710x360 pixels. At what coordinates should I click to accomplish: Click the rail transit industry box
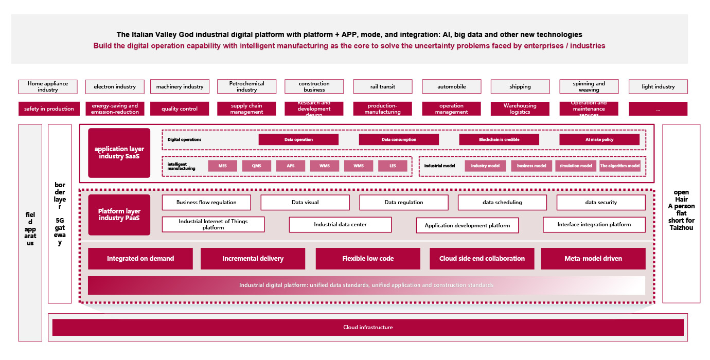383,86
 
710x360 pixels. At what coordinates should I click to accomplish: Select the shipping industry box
520,86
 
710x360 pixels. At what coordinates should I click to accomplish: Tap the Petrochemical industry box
246,86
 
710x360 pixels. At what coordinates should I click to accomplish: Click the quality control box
180,109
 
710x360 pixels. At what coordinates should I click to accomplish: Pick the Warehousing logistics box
520,109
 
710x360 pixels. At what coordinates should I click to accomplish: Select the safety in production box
49,109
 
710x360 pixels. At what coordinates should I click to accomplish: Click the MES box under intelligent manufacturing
222,166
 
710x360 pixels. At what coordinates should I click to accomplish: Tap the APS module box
291,166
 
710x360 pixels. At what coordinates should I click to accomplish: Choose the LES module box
393,166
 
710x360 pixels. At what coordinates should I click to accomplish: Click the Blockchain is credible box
499,139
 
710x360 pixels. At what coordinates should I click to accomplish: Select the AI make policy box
599,139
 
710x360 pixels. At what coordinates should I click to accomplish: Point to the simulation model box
576,166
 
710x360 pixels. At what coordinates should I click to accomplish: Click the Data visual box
305,202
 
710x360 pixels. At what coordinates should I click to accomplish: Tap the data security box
601,202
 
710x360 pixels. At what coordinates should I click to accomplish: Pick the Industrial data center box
340,225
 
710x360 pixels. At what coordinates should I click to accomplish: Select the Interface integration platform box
594,225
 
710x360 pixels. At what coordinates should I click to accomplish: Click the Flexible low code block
368,258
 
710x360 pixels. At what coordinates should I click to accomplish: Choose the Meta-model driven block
593,258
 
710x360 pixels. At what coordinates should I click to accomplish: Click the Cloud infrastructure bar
368,328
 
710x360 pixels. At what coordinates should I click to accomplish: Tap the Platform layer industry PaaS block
119,214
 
